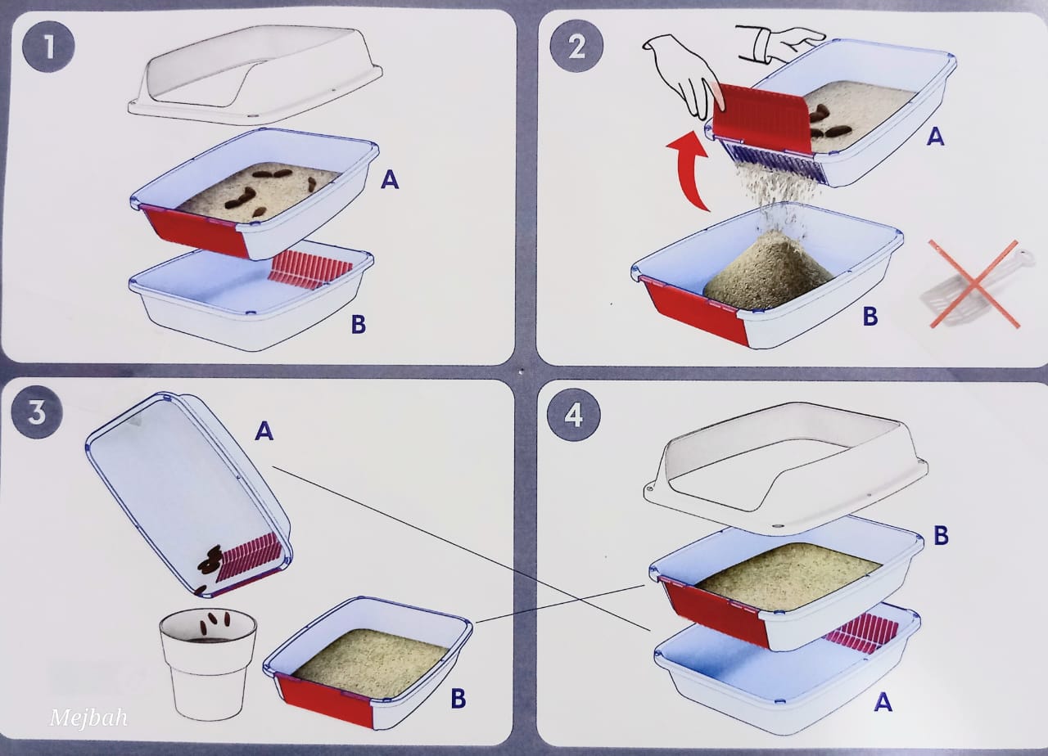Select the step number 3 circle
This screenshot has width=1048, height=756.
[37, 412]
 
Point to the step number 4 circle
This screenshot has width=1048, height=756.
[574, 415]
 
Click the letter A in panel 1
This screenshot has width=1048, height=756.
[390, 179]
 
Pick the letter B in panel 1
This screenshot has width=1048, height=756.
[359, 324]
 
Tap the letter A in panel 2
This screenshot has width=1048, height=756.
[935, 137]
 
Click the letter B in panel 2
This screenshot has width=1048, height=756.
[870, 316]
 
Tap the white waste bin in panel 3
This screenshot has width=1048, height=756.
[208, 664]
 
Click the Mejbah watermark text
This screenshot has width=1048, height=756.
[88, 718]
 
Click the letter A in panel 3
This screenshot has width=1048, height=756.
[264, 430]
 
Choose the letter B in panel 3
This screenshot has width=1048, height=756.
[458, 699]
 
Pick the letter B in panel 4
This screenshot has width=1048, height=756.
[941, 535]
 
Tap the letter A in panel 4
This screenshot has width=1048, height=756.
[883, 702]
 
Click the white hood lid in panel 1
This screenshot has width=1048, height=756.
[255, 74]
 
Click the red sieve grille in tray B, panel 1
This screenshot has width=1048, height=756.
[309, 270]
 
